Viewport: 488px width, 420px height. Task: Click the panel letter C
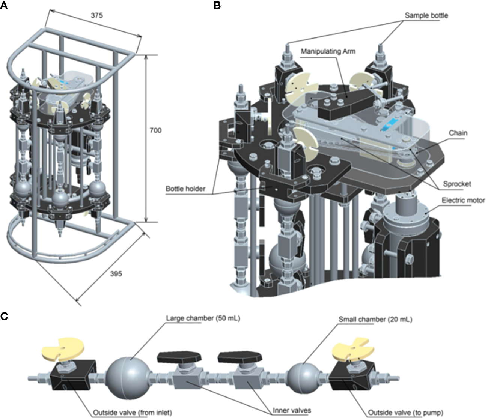click(4, 316)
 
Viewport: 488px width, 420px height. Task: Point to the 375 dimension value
click(97, 15)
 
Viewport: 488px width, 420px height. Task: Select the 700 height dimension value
click(155, 130)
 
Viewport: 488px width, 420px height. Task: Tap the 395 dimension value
click(116, 274)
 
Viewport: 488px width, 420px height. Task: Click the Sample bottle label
click(426, 15)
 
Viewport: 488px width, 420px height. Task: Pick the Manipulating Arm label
click(328, 51)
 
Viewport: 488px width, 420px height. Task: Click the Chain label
click(458, 133)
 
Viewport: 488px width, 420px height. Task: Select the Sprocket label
click(457, 184)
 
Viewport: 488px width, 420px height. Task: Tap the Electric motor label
click(463, 200)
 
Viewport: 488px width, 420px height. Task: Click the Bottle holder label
click(185, 189)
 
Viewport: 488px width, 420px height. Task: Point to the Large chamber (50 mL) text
click(203, 318)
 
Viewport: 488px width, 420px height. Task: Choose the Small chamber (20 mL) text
click(375, 319)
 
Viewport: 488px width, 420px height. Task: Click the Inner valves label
click(291, 410)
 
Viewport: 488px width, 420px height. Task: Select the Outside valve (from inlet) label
click(133, 413)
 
